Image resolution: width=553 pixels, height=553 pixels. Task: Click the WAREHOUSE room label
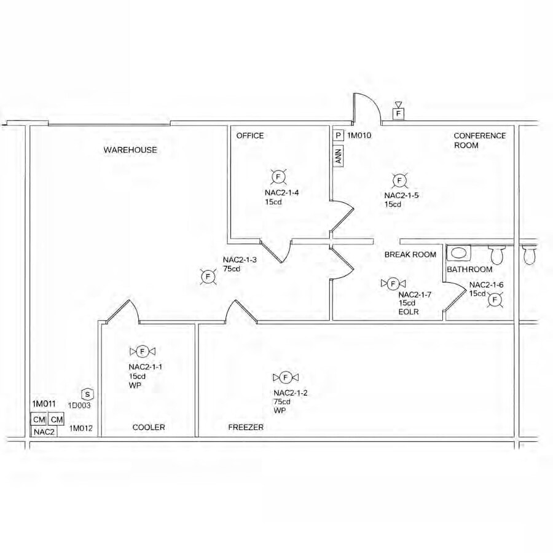click(x=130, y=150)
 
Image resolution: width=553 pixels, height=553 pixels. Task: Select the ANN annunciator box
click(x=339, y=156)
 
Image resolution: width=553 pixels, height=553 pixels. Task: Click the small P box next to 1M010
click(x=339, y=135)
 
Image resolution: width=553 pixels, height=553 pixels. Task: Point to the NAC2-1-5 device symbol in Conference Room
click(x=399, y=180)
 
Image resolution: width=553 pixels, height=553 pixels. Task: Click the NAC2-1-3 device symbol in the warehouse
click(x=208, y=277)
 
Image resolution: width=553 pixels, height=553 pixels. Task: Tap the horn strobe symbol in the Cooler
click(x=143, y=351)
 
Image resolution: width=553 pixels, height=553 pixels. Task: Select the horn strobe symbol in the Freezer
click(x=285, y=377)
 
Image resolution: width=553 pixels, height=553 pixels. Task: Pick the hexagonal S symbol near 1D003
click(x=88, y=394)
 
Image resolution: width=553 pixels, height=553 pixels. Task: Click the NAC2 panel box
click(x=44, y=431)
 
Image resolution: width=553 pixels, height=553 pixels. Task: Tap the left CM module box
click(x=39, y=419)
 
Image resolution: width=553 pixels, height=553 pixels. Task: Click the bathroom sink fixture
click(x=458, y=253)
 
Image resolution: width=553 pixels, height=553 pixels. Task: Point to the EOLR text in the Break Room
click(x=409, y=312)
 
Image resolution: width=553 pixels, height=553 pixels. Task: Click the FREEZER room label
click(x=246, y=427)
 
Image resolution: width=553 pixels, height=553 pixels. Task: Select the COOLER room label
click(x=149, y=427)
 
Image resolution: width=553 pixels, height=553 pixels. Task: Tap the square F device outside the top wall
click(x=398, y=114)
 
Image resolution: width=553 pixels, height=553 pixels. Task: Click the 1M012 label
click(x=80, y=428)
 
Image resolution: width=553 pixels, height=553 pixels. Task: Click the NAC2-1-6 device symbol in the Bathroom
click(x=496, y=299)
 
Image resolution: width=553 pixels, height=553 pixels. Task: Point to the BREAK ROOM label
click(x=410, y=254)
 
